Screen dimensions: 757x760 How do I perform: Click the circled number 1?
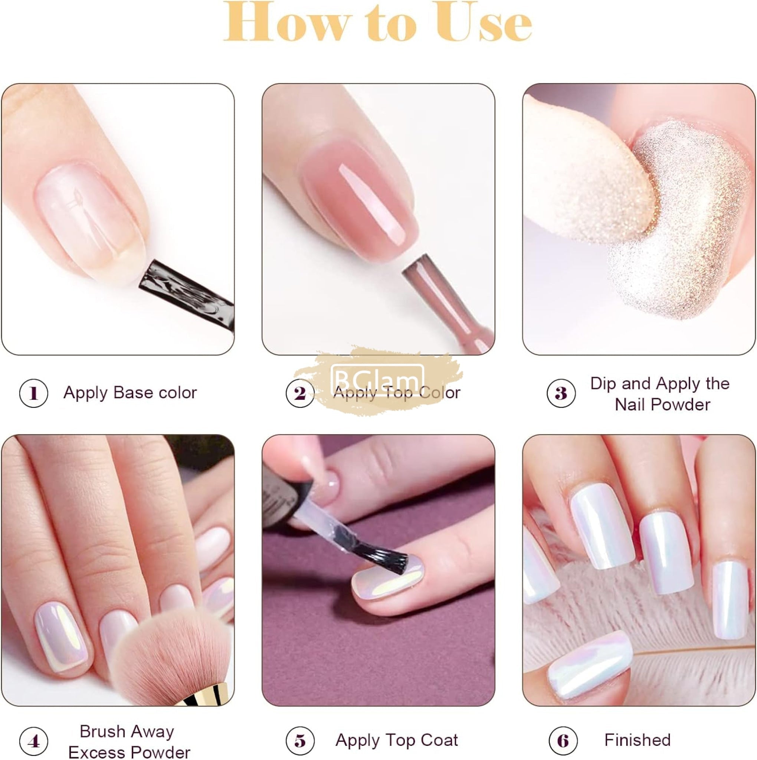click(33, 393)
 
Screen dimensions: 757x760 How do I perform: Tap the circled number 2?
click(300, 393)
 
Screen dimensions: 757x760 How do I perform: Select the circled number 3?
click(561, 393)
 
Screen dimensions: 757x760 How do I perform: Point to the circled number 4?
click(33, 741)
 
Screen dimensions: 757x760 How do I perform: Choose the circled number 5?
click(300, 741)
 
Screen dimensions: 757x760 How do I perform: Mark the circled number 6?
click(563, 741)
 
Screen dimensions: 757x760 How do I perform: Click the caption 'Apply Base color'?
click(130, 393)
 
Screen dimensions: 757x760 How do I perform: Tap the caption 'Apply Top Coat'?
click(397, 741)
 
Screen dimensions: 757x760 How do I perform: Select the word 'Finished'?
click(638, 740)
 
